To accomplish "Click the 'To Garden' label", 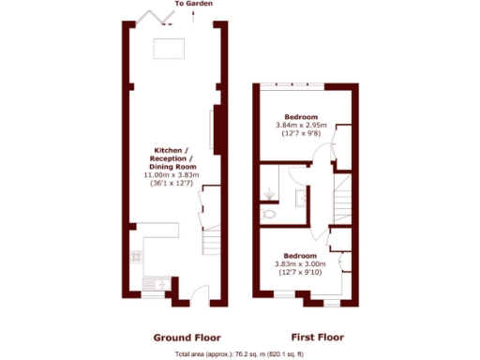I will pos(193,5).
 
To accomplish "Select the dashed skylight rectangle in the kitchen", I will pos(169,47).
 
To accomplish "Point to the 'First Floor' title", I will pos(317,337).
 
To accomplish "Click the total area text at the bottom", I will pos(239,354).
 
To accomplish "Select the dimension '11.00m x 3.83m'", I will pos(171,175).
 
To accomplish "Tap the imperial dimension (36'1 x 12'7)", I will pos(171,184).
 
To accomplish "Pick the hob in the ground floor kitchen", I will pos(137,255).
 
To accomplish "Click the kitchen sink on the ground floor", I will pos(160,283).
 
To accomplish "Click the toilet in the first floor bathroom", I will pos(270,213).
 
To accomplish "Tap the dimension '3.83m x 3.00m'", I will pos(302,263).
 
